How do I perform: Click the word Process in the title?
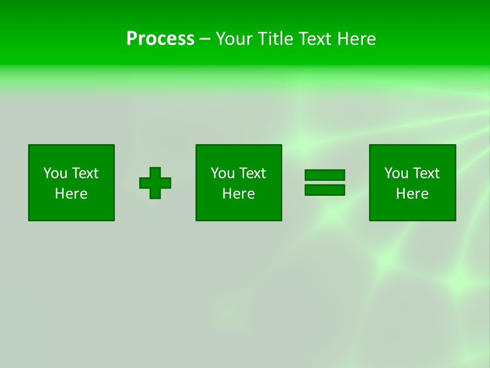click(160, 39)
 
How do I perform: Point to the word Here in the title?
click(357, 39)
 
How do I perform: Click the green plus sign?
click(155, 183)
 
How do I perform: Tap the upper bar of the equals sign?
click(325, 175)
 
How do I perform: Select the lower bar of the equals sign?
click(325, 190)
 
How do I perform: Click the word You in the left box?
click(55, 173)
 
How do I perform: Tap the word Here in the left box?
click(71, 194)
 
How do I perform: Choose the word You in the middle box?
click(223, 173)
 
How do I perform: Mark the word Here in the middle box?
click(239, 194)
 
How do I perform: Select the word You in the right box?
click(396, 173)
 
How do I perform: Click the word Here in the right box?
click(412, 194)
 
